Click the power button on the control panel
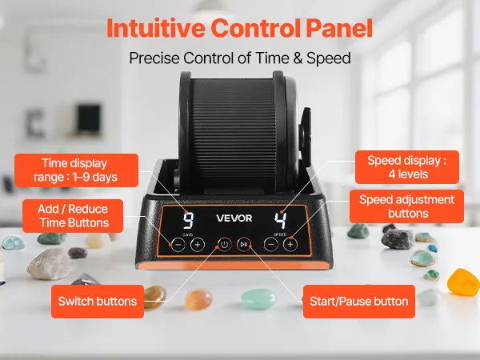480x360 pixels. [x=225, y=245]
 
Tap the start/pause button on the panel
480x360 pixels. [x=244, y=245]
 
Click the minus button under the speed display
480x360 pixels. [x=271, y=245]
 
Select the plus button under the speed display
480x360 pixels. [x=290, y=245]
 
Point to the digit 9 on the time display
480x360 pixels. [x=188, y=221]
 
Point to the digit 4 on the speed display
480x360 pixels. [x=281, y=221]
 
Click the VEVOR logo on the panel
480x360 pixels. [x=234, y=218]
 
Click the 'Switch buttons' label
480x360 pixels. [x=98, y=302]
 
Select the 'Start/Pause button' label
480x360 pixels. [x=358, y=302]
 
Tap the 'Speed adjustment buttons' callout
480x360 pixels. [x=406, y=206]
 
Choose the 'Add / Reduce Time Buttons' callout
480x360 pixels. [x=73, y=216]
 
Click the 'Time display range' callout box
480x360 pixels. [x=76, y=170]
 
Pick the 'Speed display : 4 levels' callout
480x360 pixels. [x=407, y=167]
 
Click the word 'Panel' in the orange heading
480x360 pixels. [x=339, y=28]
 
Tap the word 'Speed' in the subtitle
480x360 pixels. [x=329, y=58]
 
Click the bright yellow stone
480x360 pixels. [x=463, y=282]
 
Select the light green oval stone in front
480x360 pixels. [x=258, y=298]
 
